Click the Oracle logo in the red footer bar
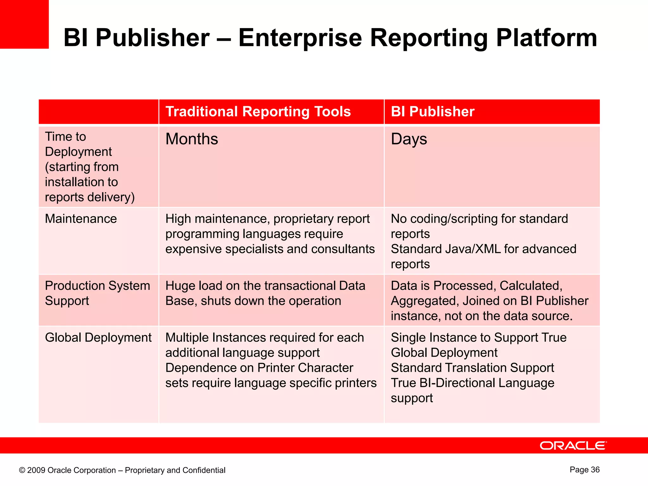(573, 445)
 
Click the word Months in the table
(192, 139)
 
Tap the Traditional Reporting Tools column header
(258, 112)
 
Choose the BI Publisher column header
(433, 112)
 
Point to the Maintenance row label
(81, 219)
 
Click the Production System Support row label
(97, 293)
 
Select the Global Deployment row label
(98, 338)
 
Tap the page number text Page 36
(584, 470)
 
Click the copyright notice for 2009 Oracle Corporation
(122, 470)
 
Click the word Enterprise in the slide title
(300, 38)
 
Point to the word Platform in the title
(546, 38)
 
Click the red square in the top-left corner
(24, 24)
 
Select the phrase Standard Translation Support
(472, 368)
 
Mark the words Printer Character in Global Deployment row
(305, 368)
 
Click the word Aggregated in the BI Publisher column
(425, 301)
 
